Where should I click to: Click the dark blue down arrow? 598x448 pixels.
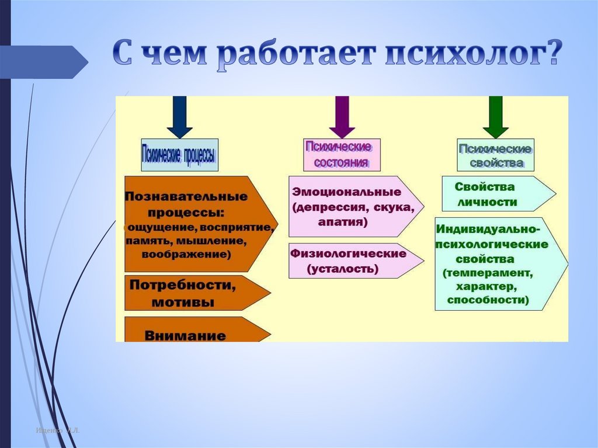[180, 116]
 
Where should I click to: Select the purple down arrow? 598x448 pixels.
[342, 116]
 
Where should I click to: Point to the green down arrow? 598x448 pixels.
[496, 116]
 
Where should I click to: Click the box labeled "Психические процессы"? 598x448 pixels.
[180, 155]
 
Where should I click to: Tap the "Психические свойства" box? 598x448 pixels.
[495, 155]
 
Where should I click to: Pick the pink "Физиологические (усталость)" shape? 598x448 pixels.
[350, 261]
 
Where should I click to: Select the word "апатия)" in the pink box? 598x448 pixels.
[343, 222]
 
